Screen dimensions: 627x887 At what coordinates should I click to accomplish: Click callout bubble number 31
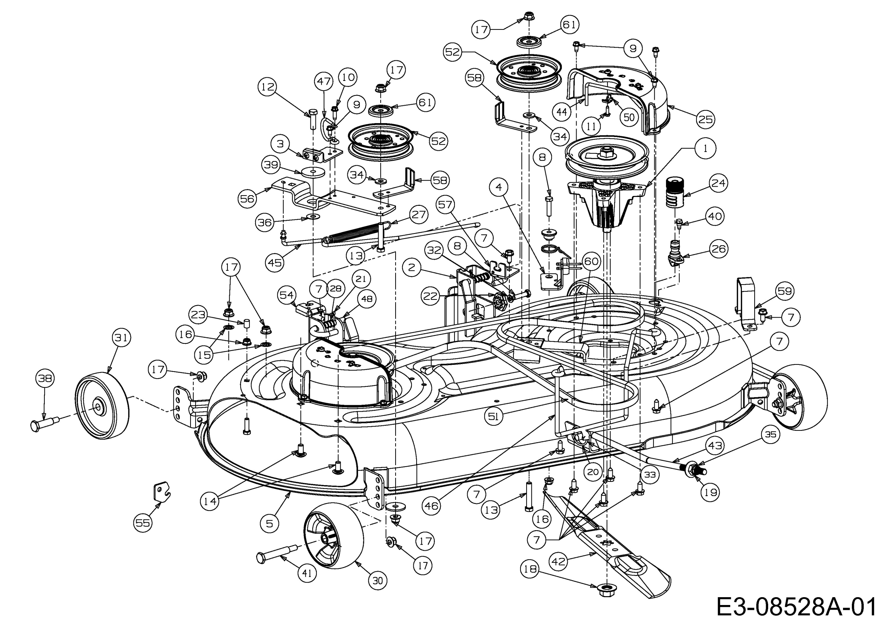click(121, 338)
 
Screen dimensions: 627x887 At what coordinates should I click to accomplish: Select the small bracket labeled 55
click(161, 491)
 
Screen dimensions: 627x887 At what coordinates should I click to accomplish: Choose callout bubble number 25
click(705, 119)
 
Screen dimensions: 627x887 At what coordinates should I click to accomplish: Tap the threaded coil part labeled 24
click(677, 192)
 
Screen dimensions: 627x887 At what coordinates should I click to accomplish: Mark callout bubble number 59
click(784, 291)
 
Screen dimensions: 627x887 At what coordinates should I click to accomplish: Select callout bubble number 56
click(247, 199)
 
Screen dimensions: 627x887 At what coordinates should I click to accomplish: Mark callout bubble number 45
click(275, 262)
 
